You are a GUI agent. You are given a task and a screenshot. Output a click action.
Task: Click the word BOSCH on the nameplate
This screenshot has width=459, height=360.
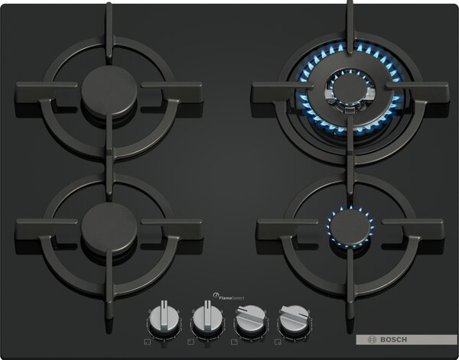(393, 339)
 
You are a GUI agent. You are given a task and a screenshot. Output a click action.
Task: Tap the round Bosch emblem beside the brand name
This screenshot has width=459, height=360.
(372, 339)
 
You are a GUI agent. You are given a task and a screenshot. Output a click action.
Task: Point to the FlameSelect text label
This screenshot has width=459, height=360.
(232, 298)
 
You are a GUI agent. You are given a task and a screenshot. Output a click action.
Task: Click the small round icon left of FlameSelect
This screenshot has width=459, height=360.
(216, 295)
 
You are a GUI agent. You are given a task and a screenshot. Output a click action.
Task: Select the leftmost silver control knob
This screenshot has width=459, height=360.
(164, 318)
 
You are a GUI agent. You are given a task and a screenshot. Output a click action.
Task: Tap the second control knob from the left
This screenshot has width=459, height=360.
(207, 318)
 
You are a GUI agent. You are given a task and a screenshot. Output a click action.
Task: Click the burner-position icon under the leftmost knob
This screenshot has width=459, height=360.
(147, 342)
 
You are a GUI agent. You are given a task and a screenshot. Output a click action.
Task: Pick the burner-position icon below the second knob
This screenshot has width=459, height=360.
(190, 342)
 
